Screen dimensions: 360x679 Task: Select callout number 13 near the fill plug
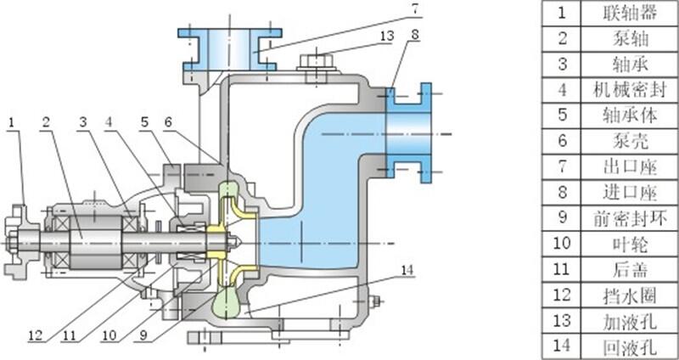pos(386,36)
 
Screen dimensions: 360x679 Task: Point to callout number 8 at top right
pos(414,36)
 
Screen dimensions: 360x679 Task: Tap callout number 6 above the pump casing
pos(169,122)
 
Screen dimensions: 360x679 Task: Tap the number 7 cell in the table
pos(560,166)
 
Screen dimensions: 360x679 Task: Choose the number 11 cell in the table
pos(560,267)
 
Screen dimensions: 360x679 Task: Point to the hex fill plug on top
pos(317,64)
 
